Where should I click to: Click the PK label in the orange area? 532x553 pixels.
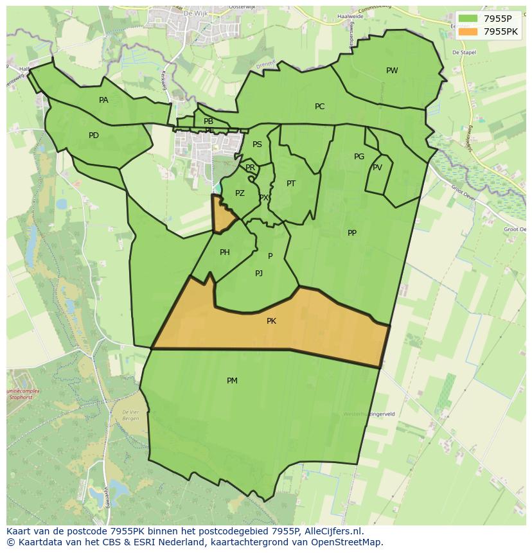coord(271,321)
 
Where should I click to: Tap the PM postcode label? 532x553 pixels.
coord(232,381)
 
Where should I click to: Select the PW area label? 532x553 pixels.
coord(392,71)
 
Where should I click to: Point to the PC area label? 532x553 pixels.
coord(319,107)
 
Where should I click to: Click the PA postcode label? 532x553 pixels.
coord(103,100)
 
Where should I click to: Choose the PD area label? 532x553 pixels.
coord(94,136)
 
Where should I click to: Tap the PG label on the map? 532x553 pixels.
coord(359,157)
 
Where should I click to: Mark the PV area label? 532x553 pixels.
coord(377,168)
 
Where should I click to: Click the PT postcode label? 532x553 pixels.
coord(291,184)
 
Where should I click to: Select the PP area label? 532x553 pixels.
coord(352,233)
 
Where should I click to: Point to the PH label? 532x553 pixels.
coord(225,252)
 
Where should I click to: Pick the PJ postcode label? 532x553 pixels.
coord(259,274)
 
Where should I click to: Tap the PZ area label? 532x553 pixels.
coord(240,193)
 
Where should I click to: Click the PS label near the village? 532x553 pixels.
coord(257,145)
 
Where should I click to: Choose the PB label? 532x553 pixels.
coord(208,121)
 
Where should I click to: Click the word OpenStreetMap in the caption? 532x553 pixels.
coord(350,542)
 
